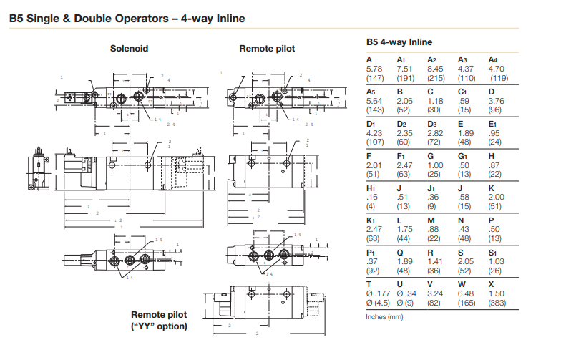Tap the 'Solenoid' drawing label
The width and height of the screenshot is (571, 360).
pos(130,49)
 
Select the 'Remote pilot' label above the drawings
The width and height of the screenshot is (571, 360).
pos(267,49)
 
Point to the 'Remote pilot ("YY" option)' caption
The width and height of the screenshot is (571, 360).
pos(159,321)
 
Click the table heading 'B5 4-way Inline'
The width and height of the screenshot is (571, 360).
pos(399,42)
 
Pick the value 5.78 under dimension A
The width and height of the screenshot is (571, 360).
pos(375,69)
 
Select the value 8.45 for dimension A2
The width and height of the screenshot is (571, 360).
pos(436,69)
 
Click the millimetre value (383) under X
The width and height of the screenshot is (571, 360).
pos(497,303)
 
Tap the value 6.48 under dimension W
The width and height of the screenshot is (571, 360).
pos(467,293)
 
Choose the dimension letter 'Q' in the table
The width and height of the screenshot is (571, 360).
pos(401,253)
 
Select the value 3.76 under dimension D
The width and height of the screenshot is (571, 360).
pos(497,101)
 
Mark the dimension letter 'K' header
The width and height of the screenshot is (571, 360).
pos(492,188)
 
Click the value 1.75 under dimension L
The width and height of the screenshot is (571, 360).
pos(406,230)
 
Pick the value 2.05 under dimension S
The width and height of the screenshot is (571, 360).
pos(467,262)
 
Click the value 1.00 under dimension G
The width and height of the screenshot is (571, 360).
pos(436,165)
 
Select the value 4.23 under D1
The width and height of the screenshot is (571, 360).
pos(375,133)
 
